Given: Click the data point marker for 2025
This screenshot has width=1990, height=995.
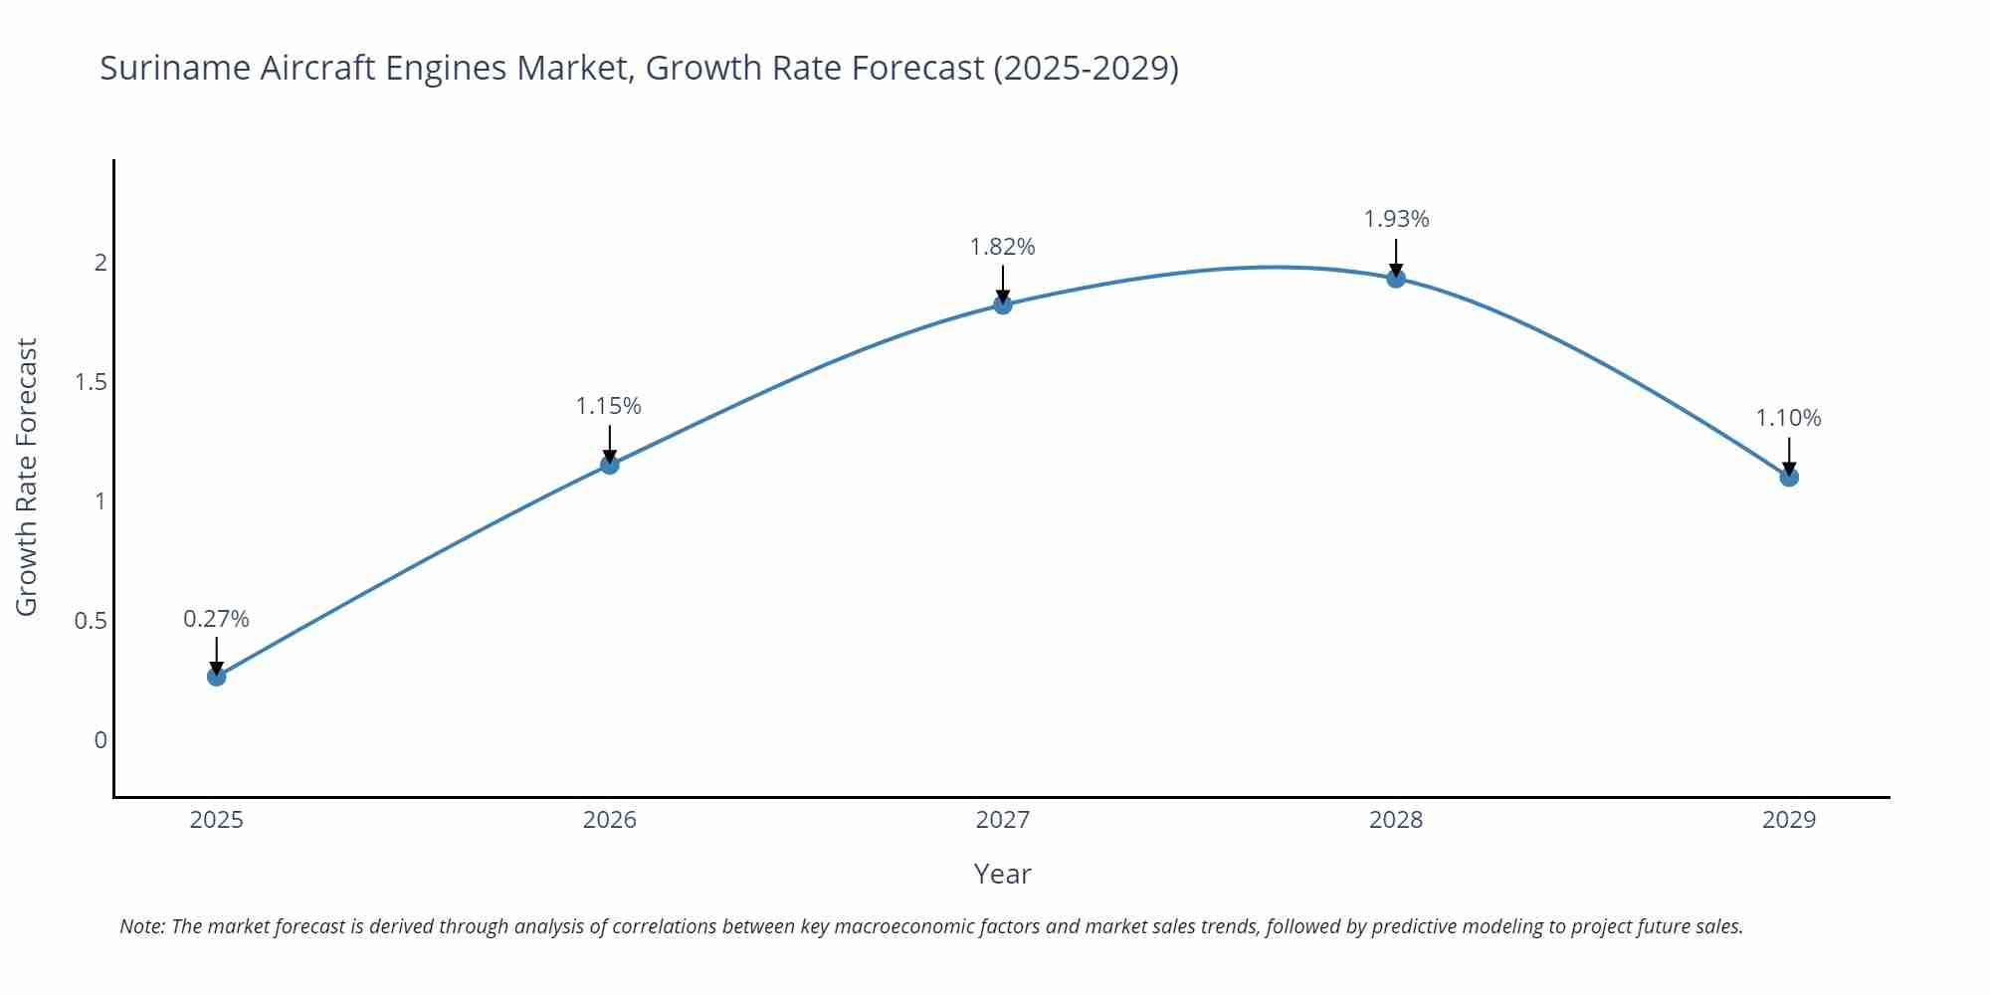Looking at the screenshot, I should (217, 677).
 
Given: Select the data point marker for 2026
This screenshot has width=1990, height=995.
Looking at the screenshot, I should (610, 465).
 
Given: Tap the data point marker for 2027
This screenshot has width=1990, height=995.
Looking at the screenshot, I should (1003, 304).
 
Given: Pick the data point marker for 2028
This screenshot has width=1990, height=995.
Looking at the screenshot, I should (1396, 279).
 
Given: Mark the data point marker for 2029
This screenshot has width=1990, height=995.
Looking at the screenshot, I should (1789, 477).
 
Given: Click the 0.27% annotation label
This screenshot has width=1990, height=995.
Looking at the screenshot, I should (216, 619).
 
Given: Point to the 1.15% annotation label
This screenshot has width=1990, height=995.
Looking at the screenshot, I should (609, 406).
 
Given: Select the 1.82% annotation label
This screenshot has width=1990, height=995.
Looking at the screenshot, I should (1003, 247).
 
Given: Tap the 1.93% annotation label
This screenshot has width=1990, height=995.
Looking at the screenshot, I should (1396, 219).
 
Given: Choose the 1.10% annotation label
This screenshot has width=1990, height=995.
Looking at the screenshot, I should (1788, 418).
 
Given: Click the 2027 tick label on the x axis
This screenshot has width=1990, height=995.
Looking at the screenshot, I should (1003, 820).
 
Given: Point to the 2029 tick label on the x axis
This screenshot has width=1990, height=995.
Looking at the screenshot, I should (1789, 820).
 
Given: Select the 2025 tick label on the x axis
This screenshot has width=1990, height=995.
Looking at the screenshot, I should (217, 820).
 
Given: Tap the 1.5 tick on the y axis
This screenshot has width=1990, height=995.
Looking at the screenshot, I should (92, 382).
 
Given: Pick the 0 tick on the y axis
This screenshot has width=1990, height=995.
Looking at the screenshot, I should (100, 740).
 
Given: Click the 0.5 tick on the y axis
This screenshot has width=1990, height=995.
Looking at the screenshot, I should (92, 621).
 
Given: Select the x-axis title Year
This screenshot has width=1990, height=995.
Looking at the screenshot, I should (1002, 874).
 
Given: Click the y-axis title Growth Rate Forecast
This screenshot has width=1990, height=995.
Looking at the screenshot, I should (27, 477).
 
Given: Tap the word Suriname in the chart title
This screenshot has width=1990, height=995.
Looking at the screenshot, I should (175, 68).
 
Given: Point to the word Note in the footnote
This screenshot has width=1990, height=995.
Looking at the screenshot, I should (141, 926).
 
